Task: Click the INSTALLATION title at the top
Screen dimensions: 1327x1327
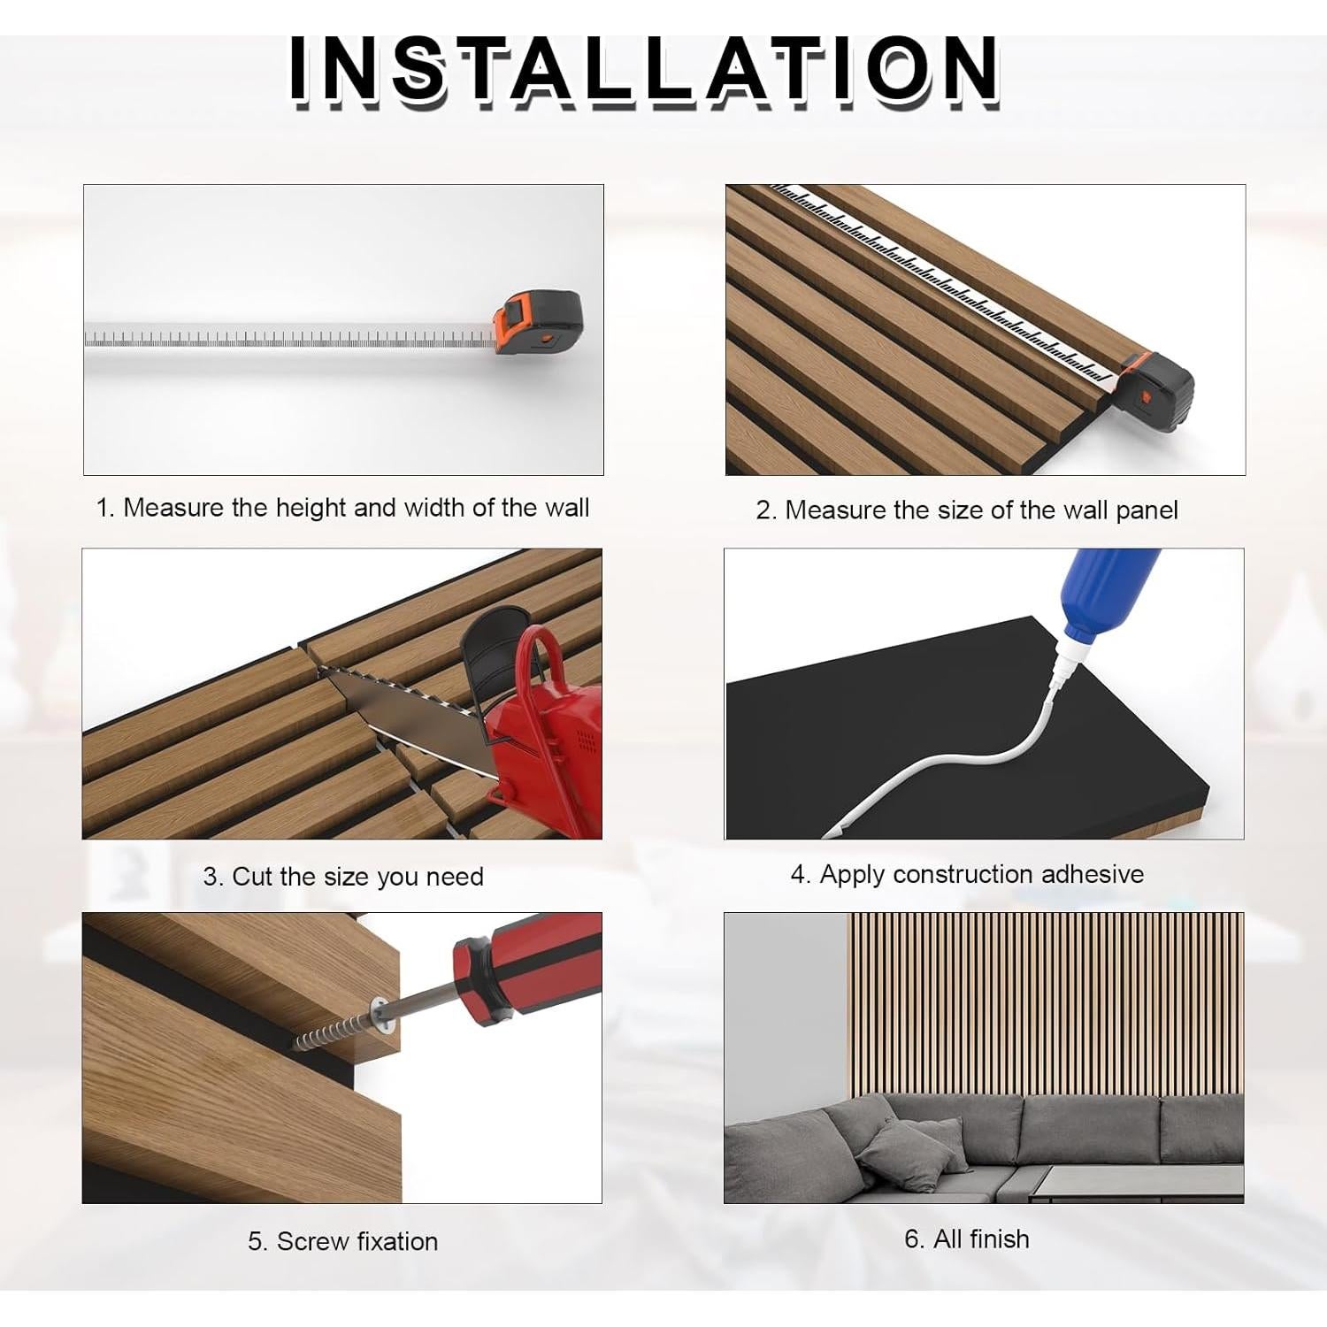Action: pos(644,71)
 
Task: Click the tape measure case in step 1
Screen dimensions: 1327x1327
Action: pos(540,324)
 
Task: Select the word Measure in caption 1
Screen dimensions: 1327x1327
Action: pos(173,508)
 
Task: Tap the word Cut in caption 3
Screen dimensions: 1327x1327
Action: pos(251,877)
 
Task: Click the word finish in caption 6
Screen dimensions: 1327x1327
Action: pos(996,1239)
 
